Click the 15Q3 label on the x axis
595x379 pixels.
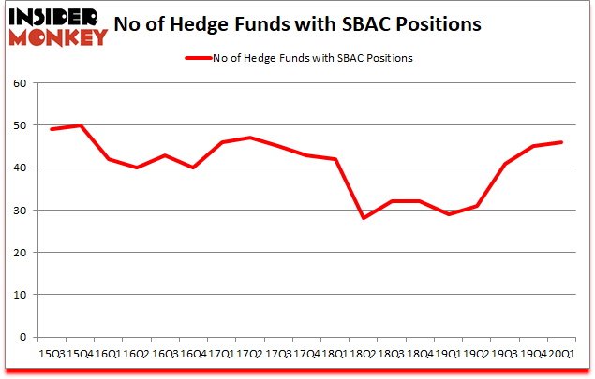(x=51, y=356)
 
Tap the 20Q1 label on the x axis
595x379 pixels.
(x=560, y=356)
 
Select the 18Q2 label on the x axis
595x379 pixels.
(x=363, y=356)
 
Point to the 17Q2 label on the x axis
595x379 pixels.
(x=249, y=356)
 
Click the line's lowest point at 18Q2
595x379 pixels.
(x=363, y=218)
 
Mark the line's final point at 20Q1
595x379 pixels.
(x=560, y=142)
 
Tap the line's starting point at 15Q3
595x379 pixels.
(x=51, y=129)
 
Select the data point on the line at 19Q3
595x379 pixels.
(x=504, y=164)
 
